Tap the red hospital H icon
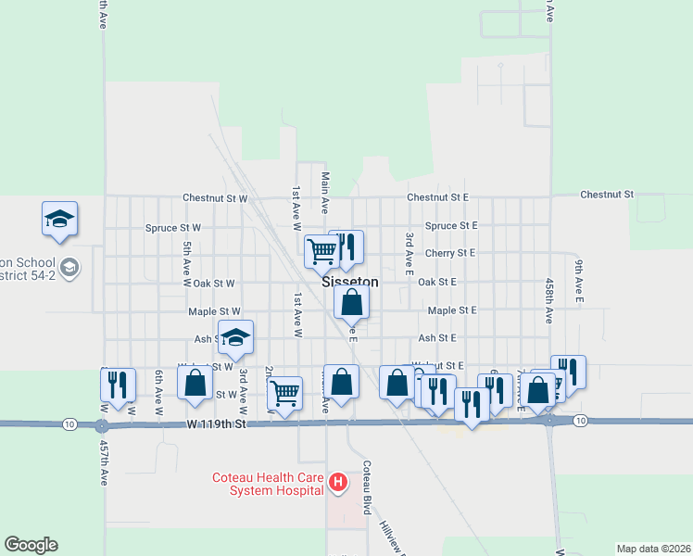coord(338,482)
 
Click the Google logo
coord(31,545)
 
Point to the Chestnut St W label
coord(215,197)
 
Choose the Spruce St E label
coord(451,225)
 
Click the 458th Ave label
coord(548,300)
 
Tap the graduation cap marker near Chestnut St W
coord(60,219)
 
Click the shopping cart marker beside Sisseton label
coord(321,249)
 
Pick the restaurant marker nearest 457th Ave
coord(118,384)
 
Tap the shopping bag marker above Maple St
coord(352,301)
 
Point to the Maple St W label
coord(214,311)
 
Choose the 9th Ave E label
coord(578,281)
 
